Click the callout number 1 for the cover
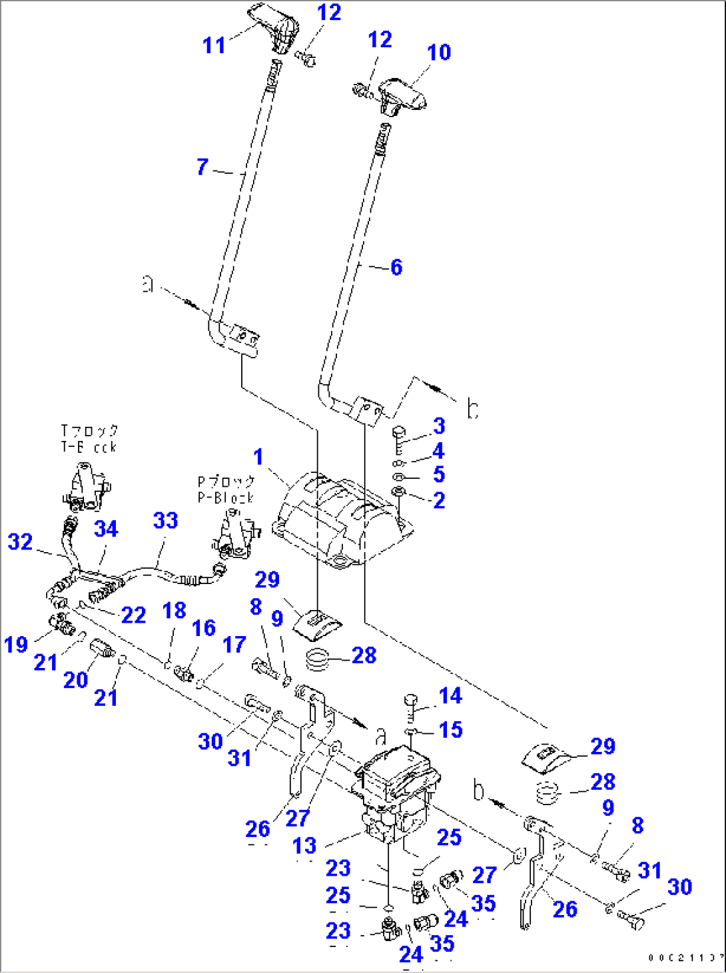(258, 458)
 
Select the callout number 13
(304, 846)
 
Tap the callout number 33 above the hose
(165, 521)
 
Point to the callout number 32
(20, 541)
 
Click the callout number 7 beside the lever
(202, 166)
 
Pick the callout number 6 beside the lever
(396, 267)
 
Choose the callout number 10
(439, 52)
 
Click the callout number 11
(214, 45)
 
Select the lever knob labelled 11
(276, 28)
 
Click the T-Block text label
(89, 439)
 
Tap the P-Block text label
(226, 489)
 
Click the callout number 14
(450, 696)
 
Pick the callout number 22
(133, 615)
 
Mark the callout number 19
(16, 644)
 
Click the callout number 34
(106, 529)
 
